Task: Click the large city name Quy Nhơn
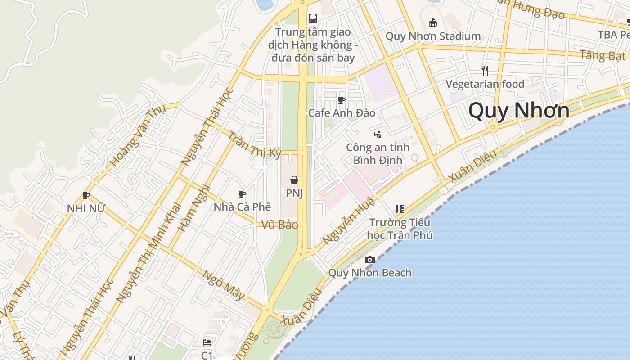pos(519,110)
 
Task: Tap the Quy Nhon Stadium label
pos(433,36)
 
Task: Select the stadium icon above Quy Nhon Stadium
pos(433,22)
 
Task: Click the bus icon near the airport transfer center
pos(313,18)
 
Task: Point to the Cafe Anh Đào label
pos(342,112)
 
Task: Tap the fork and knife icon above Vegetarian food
pos(485,70)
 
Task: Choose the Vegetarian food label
pos(485,84)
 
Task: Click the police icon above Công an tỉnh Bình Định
pos(378,134)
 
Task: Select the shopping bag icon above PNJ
pos(294,180)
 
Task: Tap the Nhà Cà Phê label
pos(243,207)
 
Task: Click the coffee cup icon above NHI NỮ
pos(85,195)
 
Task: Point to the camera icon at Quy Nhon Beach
pos(370,260)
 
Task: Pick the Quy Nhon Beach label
pos(370,273)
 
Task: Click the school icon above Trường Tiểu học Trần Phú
pos(400,209)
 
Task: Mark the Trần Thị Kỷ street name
pos(254,144)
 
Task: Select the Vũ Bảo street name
pos(280,225)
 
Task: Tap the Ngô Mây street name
pos(224,285)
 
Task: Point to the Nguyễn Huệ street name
pos(348,221)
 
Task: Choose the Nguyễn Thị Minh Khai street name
pos(148,252)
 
